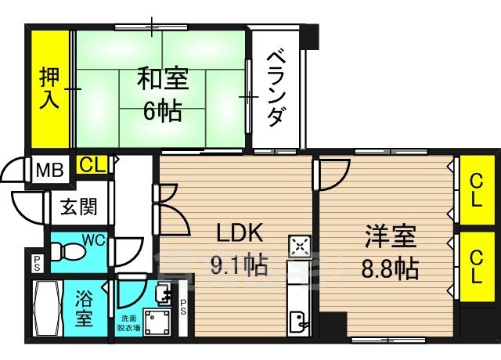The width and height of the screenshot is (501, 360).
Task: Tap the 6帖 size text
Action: (161, 110)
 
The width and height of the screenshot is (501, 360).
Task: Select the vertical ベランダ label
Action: (275, 88)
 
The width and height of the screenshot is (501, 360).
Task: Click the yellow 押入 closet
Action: (49, 88)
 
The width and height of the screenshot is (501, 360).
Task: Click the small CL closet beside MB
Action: (92, 164)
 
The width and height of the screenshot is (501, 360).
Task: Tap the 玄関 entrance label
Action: (79, 207)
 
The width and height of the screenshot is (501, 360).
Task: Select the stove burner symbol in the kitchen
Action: (300, 247)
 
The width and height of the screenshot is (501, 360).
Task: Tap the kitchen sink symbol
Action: (300, 322)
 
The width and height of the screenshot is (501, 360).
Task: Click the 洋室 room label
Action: (389, 236)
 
